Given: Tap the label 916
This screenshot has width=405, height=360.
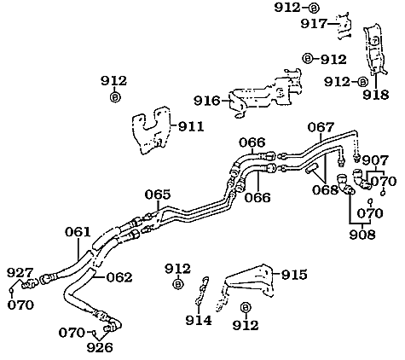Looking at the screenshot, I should tap(208, 101).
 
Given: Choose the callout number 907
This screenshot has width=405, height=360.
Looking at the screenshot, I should tap(374, 160).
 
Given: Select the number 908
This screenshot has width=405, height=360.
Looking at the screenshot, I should tap(362, 231).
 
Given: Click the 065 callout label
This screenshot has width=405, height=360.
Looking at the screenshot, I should tap(158, 194).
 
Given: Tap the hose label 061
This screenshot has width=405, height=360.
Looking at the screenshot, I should tap(78, 231).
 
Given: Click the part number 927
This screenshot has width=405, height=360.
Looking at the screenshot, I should tap(20, 272).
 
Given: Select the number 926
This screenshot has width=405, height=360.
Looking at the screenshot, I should tap(100, 348).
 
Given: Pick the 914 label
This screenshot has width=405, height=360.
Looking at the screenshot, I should tap(198, 321).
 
